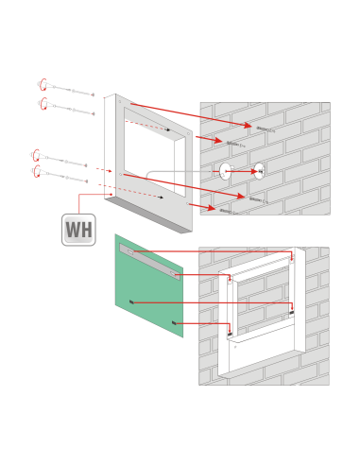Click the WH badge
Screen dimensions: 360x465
click(78, 230)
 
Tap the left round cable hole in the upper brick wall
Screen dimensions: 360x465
click(225, 171)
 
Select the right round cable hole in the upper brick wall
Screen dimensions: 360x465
click(259, 171)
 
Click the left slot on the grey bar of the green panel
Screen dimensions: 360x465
click(130, 251)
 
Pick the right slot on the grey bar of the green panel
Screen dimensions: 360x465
click(174, 274)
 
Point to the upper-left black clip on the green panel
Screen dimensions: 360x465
click(131, 302)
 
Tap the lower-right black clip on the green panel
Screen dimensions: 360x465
click(174, 322)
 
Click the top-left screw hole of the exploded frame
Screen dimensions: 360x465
click(120, 101)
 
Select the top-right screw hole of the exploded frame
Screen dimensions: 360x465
click(188, 133)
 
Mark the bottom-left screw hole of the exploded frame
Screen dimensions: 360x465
click(120, 174)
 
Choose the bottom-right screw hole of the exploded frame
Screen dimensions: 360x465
click(188, 204)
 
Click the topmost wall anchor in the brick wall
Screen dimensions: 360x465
click(266, 129)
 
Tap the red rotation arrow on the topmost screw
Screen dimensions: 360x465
click(43, 84)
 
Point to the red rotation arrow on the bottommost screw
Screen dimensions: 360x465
click(37, 171)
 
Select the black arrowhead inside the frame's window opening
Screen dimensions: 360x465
click(167, 129)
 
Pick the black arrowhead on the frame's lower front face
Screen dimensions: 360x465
click(161, 198)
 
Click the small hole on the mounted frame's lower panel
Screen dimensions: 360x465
click(235, 347)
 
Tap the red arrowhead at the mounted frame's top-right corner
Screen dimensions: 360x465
click(292, 259)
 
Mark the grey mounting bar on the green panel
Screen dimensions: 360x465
click(149, 262)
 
